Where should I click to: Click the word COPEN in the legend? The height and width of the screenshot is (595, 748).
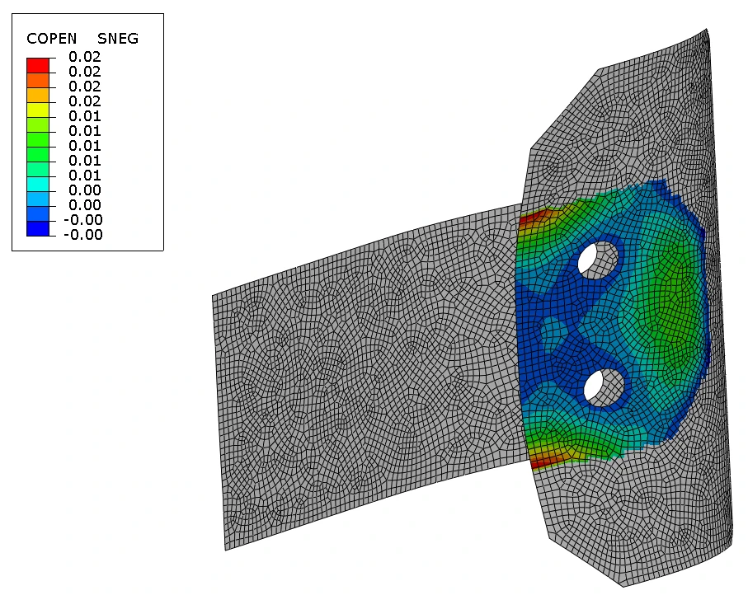[51, 39]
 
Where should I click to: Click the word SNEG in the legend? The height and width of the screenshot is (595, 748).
[118, 39]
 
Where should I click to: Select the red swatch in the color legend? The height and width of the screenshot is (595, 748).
[38, 65]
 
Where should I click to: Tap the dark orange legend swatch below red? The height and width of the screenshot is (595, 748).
[38, 80]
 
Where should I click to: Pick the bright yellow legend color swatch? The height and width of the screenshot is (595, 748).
[38, 110]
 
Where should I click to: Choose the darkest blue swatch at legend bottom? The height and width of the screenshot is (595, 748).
[38, 228]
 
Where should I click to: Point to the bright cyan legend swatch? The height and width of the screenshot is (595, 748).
[38, 184]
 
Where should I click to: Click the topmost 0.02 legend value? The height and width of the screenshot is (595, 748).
[85, 57]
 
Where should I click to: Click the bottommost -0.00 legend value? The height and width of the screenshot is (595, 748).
[83, 235]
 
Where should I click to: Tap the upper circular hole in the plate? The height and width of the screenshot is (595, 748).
[598, 260]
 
